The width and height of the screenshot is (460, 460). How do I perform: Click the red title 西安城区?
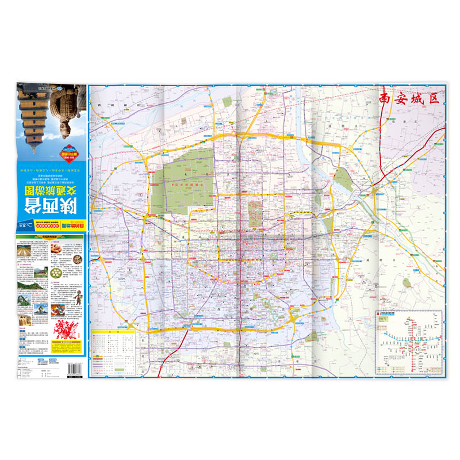(x=408, y=98)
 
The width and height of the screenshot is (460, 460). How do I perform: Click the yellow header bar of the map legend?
(x=115, y=332)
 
